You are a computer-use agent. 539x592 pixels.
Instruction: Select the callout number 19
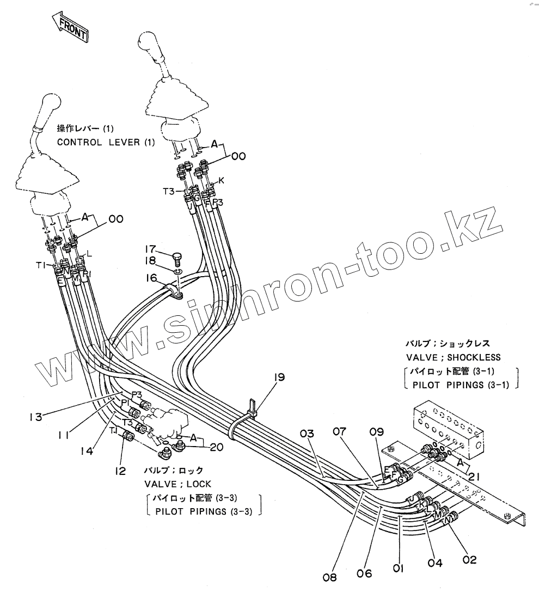[280, 377]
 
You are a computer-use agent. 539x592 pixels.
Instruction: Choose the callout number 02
[469, 559]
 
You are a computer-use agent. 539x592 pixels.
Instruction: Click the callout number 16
[151, 278]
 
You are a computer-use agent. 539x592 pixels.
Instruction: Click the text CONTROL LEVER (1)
[106, 142]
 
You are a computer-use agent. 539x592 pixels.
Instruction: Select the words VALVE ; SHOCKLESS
[453, 357]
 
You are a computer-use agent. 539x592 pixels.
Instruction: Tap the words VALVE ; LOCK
[177, 484]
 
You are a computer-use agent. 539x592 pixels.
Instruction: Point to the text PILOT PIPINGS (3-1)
[460, 385]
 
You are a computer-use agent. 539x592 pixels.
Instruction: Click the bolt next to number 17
[176, 256]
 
